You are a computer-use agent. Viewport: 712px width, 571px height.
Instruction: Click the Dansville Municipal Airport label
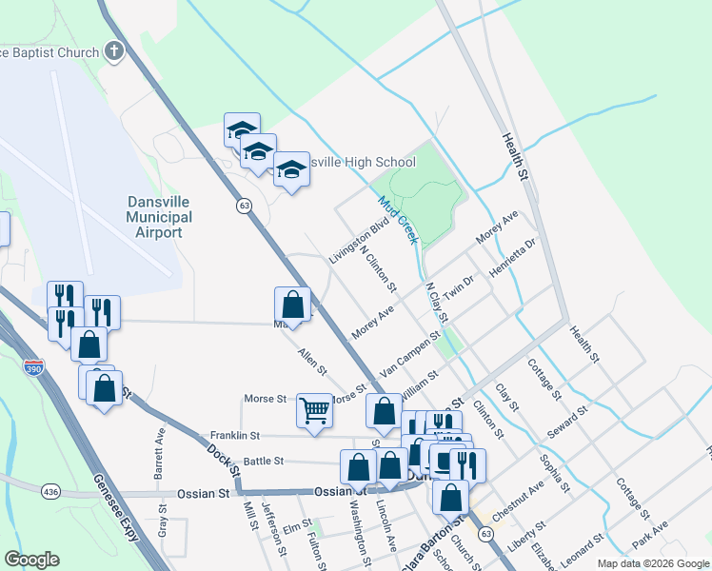[x=160, y=217]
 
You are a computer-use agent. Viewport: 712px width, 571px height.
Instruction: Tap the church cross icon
[x=114, y=51]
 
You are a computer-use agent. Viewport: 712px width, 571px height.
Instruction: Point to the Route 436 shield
[x=50, y=491]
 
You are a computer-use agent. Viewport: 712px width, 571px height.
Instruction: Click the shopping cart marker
[x=313, y=411]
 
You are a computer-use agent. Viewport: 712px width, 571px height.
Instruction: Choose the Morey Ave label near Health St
[x=496, y=228]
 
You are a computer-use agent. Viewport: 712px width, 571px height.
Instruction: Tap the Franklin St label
[x=235, y=435]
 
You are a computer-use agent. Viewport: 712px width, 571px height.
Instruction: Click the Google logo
[x=31, y=560]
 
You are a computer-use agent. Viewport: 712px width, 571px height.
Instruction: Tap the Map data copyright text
[x=652, y=563]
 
